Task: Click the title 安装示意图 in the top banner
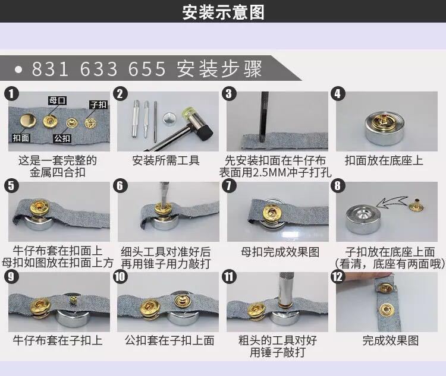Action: pyautogui.click(x=223, y=12)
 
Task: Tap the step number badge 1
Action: pyautogui.click(x=11, y=94)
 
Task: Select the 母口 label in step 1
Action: pyautogui.click(x=57, y=100)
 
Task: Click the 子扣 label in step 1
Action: pyautogui.click(x=98, y=105)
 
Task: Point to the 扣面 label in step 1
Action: pyautogui.click(x=21, y=138)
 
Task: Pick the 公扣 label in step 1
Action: pyautogui.click(x=62, y=138)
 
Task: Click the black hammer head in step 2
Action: pyautogui.click(x=206, y=133)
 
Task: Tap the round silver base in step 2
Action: pyautogui.click(x=170, y=119)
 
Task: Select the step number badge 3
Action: pyautogui.click(x=229, y=94)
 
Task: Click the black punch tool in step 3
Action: pyautogui.click(x=264, y=116)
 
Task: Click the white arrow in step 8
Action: pyautogui.click(x=392, y=202)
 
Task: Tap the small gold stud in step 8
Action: pyautogui.click(x=416, y=205)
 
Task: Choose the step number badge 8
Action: pyautogui.click(x=338, y=186)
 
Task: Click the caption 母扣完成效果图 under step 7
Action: pyautogui.click(x=280, y=252)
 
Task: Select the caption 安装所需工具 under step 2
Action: pyautogui.click(x=166, y=160)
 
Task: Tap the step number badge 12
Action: pyautogui.click(x=338, y=277)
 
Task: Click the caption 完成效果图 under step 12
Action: pyautogui.click(x=391, y=340)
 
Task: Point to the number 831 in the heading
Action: pyautogui.click(x=50, y=69)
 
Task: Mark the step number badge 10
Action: pyautogui.click(x=120, y=277)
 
